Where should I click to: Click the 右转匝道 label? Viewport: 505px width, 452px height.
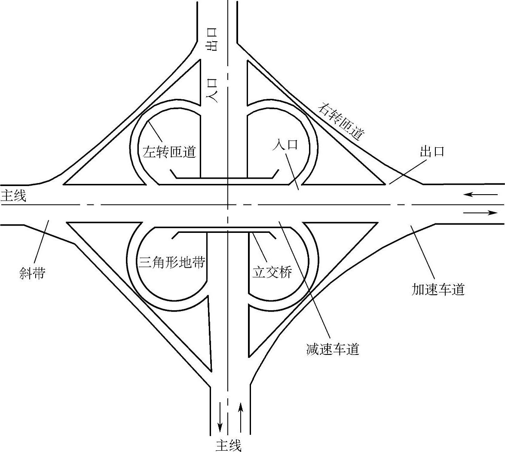[342, 122]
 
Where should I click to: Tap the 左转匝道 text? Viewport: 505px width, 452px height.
[169, 152]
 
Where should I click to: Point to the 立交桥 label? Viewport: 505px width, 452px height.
[272, 272]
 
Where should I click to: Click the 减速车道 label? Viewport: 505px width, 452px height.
[333, 349]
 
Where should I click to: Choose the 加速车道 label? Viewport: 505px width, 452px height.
[438, 290]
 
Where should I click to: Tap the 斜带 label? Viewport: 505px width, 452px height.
[32, 273]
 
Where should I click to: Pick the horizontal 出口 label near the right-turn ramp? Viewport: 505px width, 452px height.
[432, 151]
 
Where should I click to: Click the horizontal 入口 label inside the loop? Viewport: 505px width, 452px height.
[285, 144]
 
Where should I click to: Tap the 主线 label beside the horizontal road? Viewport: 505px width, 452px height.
[13, 196]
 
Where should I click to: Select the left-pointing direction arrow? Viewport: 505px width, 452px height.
[480, 195]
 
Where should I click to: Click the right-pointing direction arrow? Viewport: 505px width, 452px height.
[480, 213]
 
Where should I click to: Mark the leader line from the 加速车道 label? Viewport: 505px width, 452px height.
[424, 253]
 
